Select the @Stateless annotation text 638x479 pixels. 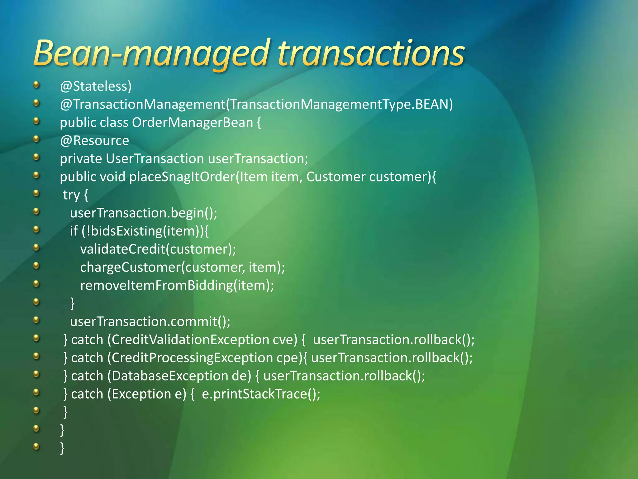tap(96, 86)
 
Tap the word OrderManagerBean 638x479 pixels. tap(192, 123)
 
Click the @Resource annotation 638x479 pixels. tap(94, 141)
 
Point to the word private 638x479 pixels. tap(81, 159)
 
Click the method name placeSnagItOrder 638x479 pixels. tap(182, 177)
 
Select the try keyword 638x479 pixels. tap(71, 195)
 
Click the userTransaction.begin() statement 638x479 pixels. tap(143, 213)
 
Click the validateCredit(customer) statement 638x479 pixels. tap(158, 249)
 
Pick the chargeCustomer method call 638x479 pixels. tap(130, 267)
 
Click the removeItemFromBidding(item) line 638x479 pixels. tap(177, 285)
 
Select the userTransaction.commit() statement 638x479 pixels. tap(150, 322)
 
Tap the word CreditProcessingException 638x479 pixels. tap(192, 358)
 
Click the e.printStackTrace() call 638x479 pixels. tap(261, 394)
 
